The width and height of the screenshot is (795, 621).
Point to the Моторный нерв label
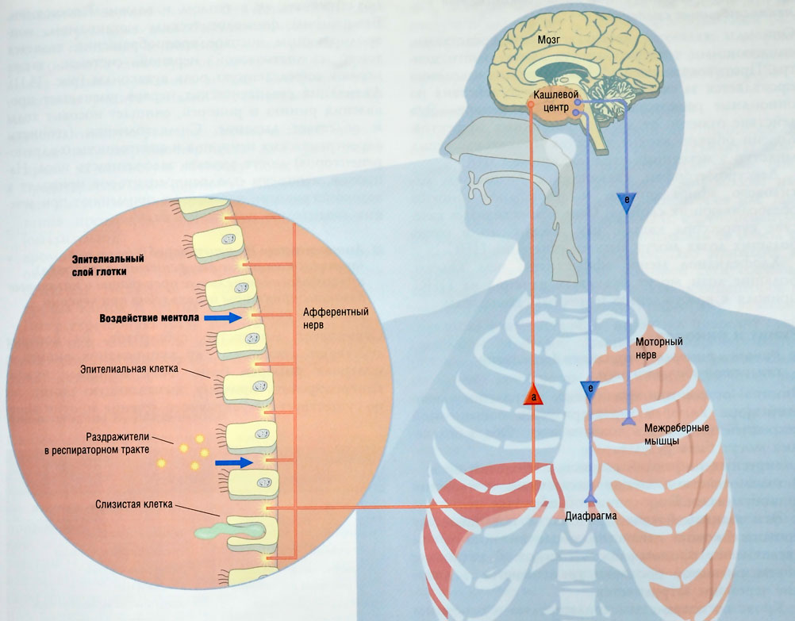click(659, 348)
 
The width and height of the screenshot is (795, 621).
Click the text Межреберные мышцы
click(676, 435)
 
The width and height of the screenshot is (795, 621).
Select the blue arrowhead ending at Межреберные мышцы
click(627, 417)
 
